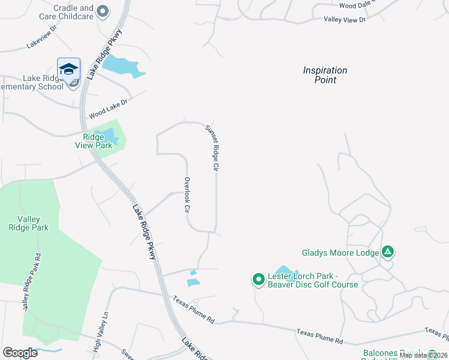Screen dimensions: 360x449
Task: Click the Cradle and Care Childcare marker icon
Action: (103, 11)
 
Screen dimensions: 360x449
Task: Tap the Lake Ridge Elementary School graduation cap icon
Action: (69, 68)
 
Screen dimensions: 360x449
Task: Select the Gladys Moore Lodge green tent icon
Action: (388, 252)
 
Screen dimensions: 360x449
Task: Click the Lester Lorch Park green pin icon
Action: (258, 279)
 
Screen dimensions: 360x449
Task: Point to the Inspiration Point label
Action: (325, 75)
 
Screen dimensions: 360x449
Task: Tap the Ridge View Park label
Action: (94, 141)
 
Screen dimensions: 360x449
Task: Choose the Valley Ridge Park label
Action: (28, 223)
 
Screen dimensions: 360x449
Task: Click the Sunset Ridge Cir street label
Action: (211, 148)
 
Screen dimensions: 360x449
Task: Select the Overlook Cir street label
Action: (187, 196)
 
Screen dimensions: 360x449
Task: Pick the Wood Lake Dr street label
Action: (109, 109)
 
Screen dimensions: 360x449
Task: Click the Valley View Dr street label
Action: (344, 20)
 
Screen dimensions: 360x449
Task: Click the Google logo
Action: (20, 353)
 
